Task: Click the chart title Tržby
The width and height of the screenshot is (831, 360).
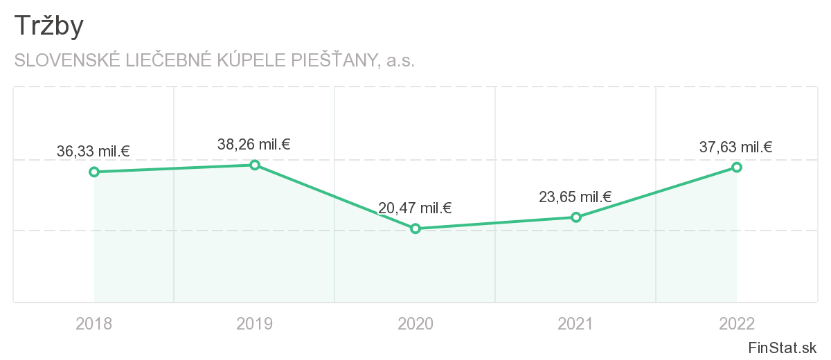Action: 48,26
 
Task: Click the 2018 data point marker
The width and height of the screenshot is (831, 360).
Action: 94,172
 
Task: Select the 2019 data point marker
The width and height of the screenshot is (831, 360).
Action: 255,165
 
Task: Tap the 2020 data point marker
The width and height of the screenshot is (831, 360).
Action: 415,228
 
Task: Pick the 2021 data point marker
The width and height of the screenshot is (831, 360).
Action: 576,217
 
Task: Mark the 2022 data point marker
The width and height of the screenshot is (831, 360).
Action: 737,167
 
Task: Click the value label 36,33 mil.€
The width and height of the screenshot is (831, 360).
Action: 93,151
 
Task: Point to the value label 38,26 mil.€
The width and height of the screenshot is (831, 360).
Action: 253,145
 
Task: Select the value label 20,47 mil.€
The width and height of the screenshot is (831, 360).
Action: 415,208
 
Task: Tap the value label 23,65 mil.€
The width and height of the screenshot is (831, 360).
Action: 575,197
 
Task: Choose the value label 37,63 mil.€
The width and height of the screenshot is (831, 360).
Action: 736,147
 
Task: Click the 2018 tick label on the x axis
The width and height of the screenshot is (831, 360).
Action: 94,323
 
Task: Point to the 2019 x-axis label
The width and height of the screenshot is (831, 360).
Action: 255,323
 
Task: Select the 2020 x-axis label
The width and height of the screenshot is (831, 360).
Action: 415,323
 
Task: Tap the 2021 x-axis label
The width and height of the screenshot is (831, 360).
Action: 576,323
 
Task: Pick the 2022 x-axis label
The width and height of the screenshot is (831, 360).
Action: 737,323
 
